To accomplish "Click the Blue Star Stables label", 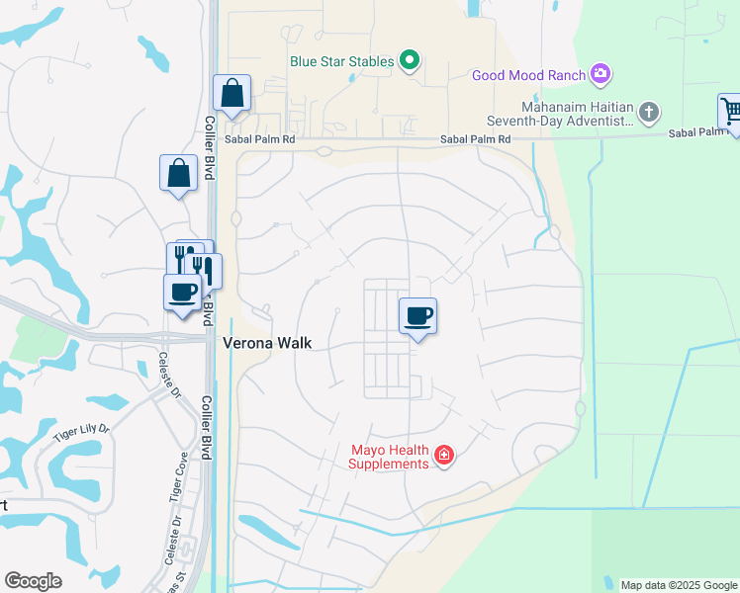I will click(x=341, y=61).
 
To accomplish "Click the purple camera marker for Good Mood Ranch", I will click(x=600, y=74).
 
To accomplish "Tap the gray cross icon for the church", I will click(x=649, y=111).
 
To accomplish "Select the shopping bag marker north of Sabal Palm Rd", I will click(x=231, y=94).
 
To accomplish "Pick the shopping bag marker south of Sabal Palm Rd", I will click(x=178, y=174).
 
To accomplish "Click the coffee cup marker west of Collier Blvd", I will click(x=182, y=293).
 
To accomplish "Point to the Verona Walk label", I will click(x=267, y=344).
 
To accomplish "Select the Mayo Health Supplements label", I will click(x=390, y=456).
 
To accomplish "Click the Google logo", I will click(x=33, y=581).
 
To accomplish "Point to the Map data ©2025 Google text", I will click(x=678, y=585).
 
